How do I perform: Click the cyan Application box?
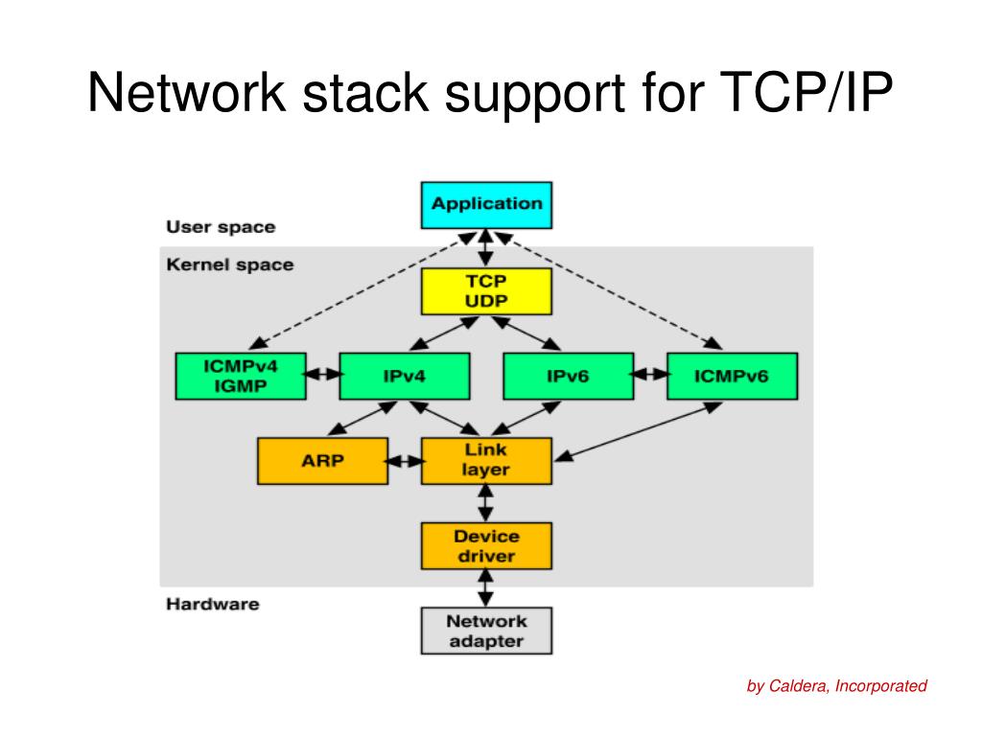tap(486, 205)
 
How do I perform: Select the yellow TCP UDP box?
tap(486, 291)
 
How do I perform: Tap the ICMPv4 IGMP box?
tap(241, 376)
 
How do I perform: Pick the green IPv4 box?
tap(405, 376)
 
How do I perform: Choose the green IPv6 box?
tap(569, 376)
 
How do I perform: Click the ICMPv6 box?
tap(732, 376)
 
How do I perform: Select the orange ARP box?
tap(322, 461)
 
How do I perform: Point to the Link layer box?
tap(486, 461)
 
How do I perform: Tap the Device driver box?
tap(486, 545)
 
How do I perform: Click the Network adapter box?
tap(486, 631)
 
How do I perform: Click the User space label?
tap(221, 227)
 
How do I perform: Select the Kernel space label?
tap(230, 264)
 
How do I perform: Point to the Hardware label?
tap(212, 604)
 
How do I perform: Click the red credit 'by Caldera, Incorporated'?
tap(836, 686)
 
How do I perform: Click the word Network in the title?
tap(187, 93)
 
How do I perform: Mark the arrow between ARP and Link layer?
tap(405, 462)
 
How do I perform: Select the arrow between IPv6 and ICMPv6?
tap(650, 375)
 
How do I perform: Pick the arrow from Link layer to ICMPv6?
tap(638, 431)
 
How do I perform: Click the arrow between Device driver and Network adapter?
tap(485, 588)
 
